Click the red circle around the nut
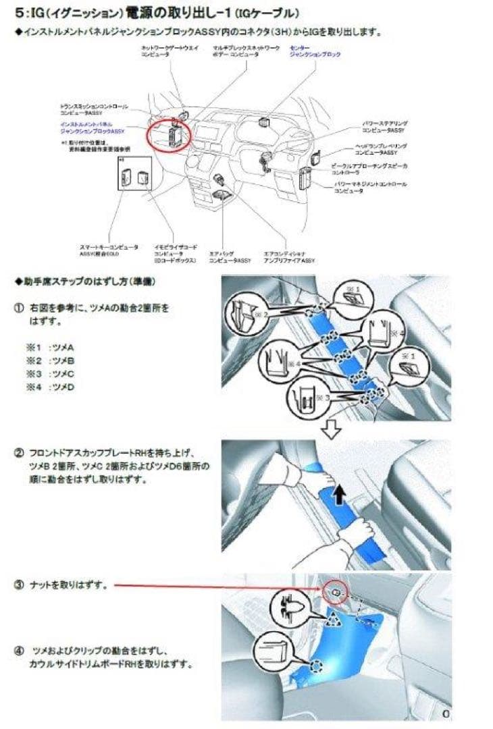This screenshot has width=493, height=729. click(x=335, y=590)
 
